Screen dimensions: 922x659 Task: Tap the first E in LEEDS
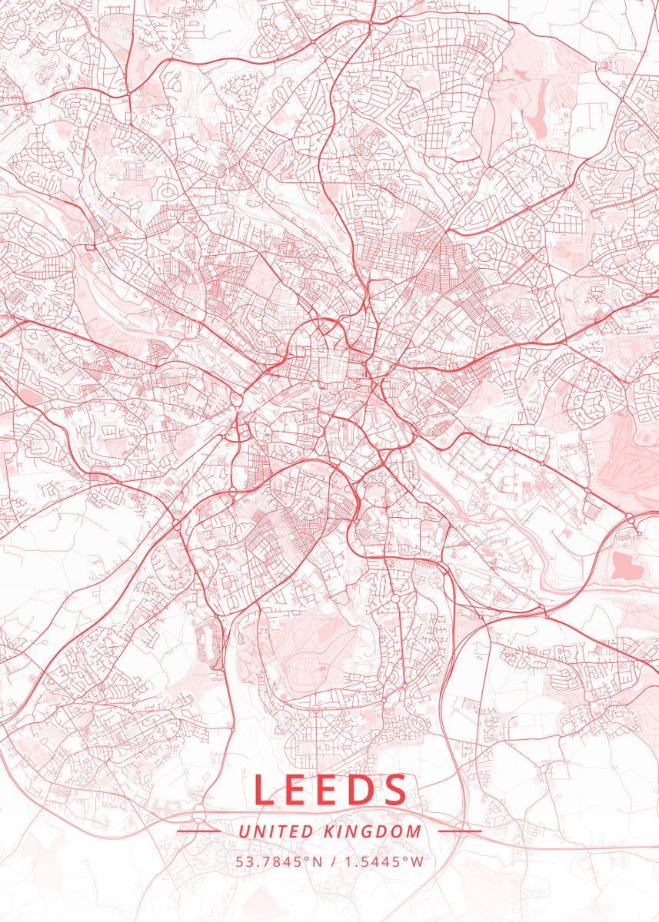300,790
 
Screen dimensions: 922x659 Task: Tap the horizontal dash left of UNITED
198,831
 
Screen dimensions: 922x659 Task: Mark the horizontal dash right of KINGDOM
460,831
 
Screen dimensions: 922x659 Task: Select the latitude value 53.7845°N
278,861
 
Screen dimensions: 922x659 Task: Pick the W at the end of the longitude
417,861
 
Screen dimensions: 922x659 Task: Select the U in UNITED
243,831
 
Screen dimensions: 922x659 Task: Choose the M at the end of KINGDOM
414,831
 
